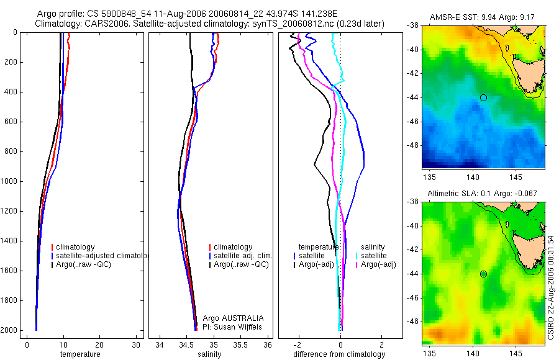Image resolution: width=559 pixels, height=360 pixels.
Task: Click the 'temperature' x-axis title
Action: coord(80,354)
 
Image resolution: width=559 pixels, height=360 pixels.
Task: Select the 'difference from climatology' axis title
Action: coord(339,354)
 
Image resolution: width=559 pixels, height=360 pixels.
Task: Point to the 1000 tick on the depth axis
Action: coord(11,181)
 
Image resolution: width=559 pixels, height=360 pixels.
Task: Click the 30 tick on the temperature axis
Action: coord(134,345)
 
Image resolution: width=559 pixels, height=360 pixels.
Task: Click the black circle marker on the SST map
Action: coord(483,97)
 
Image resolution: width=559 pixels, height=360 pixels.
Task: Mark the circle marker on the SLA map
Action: coord(483,274)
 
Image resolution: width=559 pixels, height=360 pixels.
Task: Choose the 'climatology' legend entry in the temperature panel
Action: coord(75,247)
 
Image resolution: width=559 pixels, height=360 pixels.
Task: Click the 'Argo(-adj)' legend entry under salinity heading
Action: coord(378,265)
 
